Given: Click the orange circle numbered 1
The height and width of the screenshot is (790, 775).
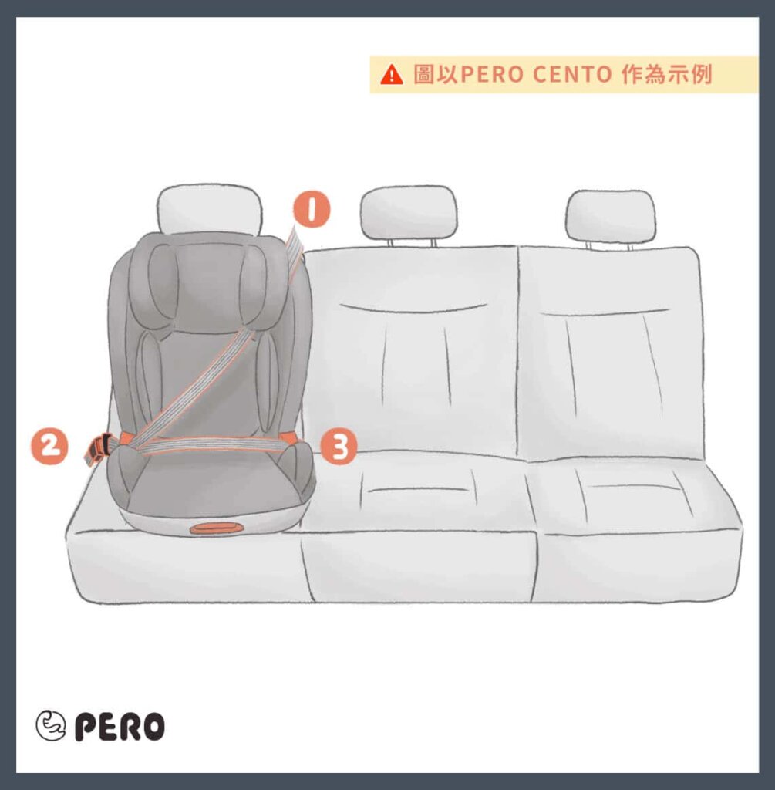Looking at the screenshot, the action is pos(312,209).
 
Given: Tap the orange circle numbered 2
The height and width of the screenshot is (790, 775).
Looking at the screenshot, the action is pos(49,447).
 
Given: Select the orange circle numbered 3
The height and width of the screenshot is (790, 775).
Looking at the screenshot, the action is pos(339,447).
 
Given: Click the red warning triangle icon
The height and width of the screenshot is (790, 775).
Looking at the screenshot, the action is pos(392,75).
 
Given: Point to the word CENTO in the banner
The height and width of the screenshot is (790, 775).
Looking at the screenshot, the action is pos(572,75).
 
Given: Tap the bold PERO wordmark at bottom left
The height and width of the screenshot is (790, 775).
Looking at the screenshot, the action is pos(120,726).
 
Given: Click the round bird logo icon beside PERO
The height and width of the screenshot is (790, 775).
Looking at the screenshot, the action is pos(50,725).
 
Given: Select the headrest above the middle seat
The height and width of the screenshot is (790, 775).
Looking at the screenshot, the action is pos(409,211).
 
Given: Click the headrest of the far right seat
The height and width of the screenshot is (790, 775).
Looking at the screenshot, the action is pos(610,216).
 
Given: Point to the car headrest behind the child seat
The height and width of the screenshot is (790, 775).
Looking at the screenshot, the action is pos(210,207).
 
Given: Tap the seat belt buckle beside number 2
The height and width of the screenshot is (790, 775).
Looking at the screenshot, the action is pos(100,447).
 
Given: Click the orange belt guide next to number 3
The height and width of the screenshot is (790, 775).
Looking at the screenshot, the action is pos(289,437).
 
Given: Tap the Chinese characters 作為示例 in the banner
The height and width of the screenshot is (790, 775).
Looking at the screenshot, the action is pos(667,75).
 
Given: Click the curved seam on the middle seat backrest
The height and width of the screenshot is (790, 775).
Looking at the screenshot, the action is pos(413,308).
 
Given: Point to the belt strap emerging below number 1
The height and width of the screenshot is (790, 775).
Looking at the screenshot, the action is pos(295,247).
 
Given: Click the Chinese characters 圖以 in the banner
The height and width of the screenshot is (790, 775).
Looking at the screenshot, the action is pos(435,75).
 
